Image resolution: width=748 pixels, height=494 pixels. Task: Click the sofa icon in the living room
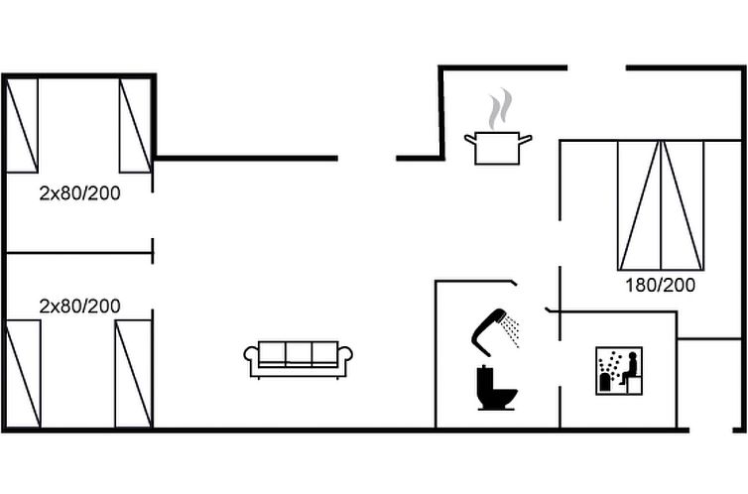299,358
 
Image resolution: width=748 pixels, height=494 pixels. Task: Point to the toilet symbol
497,388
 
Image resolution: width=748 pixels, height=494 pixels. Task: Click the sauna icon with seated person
619,371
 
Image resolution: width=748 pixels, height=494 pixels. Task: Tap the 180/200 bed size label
660,285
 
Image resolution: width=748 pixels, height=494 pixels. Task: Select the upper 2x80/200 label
79,193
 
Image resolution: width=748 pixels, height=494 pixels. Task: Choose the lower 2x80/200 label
79,306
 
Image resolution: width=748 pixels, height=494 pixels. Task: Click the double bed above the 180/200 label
661,205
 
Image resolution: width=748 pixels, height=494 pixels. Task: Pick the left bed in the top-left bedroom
22,126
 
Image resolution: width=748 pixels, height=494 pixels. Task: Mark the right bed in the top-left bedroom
134,126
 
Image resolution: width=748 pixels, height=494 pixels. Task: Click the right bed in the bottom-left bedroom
133,374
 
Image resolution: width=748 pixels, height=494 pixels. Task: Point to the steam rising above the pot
501,107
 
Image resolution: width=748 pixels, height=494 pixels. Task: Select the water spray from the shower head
512,331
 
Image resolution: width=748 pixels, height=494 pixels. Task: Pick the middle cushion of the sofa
299,353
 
